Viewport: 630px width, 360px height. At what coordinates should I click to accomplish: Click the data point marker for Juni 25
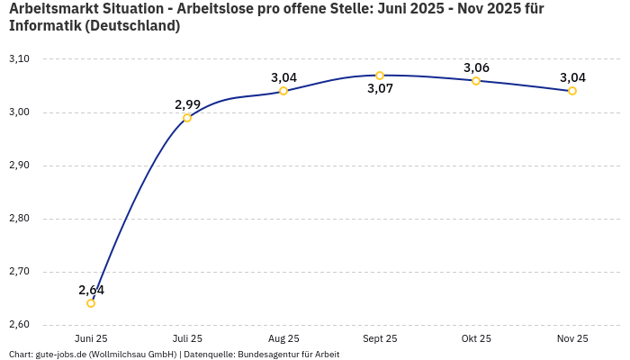pos(91,303)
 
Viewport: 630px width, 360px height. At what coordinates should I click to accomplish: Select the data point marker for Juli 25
pos(187,118)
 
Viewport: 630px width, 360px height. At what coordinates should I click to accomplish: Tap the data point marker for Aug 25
pos(283,91)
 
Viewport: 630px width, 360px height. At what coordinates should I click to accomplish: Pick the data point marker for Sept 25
pos(380,76)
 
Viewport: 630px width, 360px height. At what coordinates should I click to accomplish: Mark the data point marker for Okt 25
pos(476,81)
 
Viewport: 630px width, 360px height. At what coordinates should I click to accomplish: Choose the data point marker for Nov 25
pos(572,91)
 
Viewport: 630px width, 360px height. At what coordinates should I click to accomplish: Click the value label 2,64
pos(91,290)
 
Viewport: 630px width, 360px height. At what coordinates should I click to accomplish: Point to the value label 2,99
pos(187,104)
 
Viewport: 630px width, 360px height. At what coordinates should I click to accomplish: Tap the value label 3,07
pos(380,89)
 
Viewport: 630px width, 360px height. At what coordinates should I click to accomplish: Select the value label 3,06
pos(476,67)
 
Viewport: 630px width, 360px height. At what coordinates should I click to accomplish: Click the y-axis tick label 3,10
pos(19,59)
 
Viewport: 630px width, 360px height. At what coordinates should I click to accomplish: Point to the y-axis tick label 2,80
pos(19,219)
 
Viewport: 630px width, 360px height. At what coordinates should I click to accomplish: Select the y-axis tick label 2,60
pos(19,325)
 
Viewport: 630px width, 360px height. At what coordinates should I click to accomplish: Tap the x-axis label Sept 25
pos(380,339)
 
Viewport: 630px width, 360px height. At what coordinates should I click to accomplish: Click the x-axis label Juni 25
pos(91,339)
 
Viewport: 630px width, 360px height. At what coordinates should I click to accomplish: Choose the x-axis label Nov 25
pos(572,339)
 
